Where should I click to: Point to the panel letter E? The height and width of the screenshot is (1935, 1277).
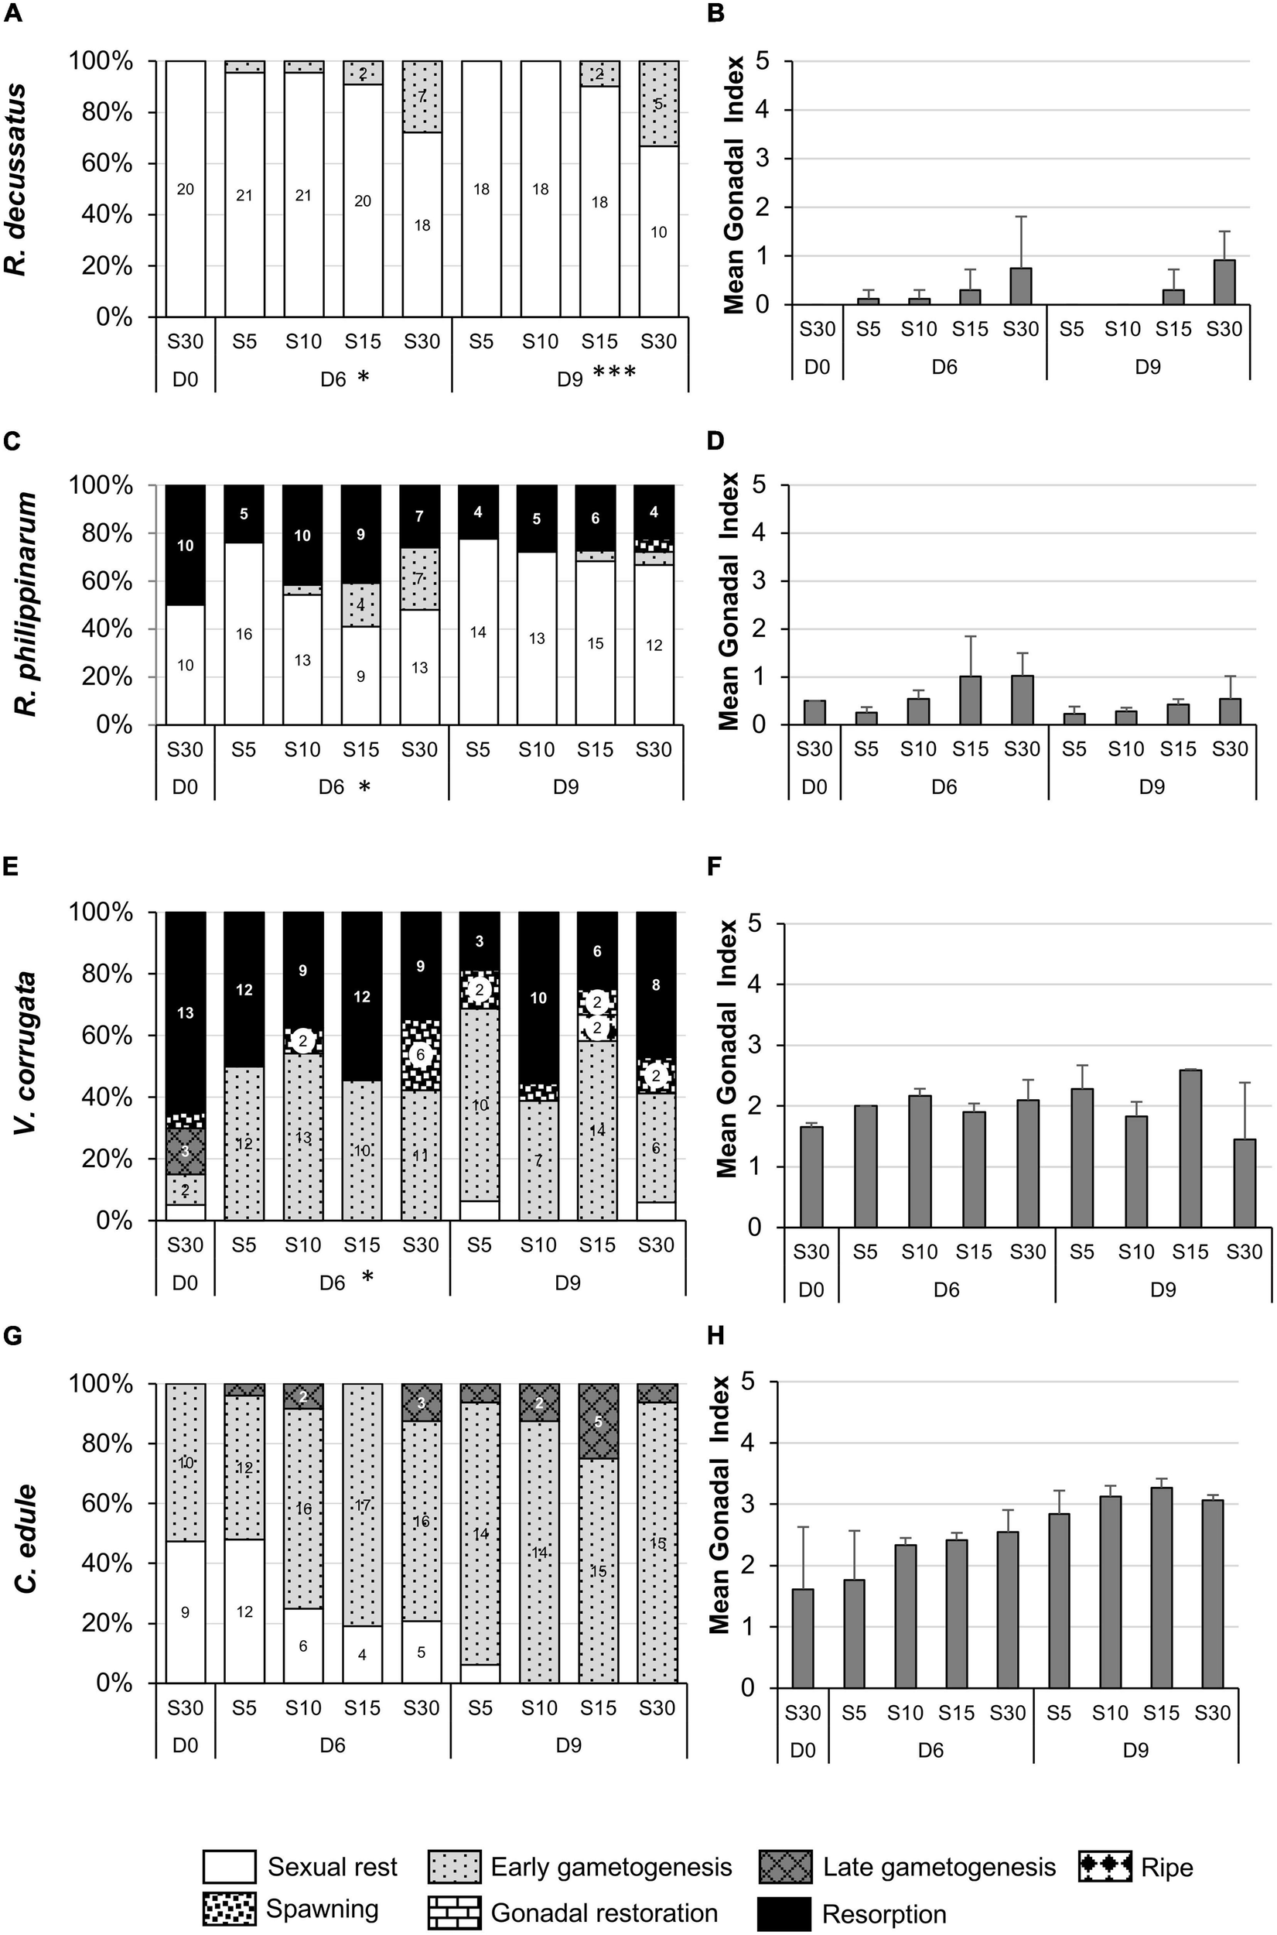coord(12,866)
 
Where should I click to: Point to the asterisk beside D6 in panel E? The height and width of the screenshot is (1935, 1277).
coord(367,1276)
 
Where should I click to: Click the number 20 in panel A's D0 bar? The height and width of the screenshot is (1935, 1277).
coord(185,189)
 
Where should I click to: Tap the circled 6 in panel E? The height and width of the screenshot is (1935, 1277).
coord(421,1053)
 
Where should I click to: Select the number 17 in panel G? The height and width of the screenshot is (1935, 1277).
coord(363,1505)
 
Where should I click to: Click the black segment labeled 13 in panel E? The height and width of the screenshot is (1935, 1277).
coord(185,1012)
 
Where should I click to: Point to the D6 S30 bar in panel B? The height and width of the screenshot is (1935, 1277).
coord(1021,286)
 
